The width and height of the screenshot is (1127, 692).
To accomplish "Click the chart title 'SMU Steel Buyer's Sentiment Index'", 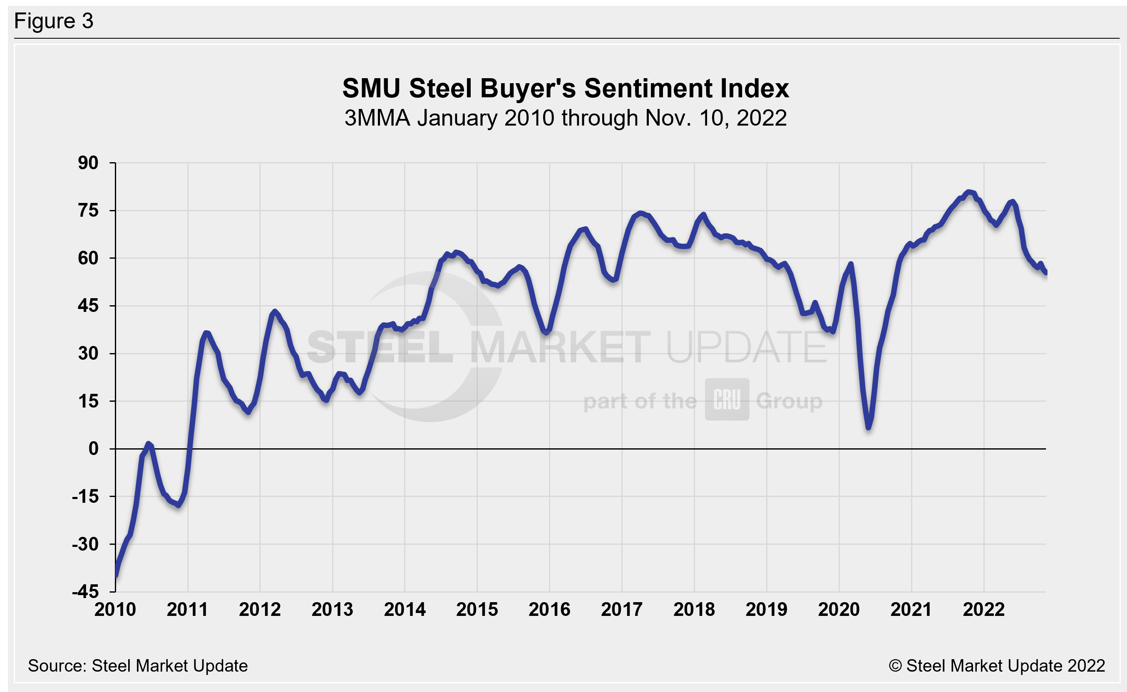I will (x=566, y=88).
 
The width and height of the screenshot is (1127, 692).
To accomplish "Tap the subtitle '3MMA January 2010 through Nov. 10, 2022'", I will (x=566, y=118).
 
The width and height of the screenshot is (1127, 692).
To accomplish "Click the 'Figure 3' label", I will (x=54, y=21).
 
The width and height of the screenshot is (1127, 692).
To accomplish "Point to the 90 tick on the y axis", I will (x=88, y=163).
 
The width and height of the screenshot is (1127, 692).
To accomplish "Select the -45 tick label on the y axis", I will (x=85, y=592).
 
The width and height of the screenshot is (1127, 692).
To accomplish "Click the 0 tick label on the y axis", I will (x=93, y=449).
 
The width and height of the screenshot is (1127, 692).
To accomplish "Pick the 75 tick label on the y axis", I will (x=88, y=210).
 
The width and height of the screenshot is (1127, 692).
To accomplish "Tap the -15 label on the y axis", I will (x=85, y=497).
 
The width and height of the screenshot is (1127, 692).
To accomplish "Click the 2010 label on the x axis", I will (x=115, y=610).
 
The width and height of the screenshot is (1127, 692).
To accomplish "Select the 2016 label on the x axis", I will (x=549, y=610).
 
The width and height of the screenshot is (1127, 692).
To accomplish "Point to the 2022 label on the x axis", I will (x=984, y=610).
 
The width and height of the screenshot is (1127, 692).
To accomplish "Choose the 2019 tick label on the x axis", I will (x=767, y=610).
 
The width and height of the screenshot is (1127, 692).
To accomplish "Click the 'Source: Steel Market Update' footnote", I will (x=138, y=666).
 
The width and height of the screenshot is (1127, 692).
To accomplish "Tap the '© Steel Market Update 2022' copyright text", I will (x=997, y=666).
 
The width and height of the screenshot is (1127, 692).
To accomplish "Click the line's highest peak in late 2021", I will (x=968, y=192).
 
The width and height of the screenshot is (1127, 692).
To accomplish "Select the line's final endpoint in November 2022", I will (x=1045, y=273).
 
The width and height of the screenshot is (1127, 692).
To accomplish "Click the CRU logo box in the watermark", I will (x=727, y=400).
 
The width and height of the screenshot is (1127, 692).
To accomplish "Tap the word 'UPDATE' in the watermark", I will (x=747, y=347).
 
